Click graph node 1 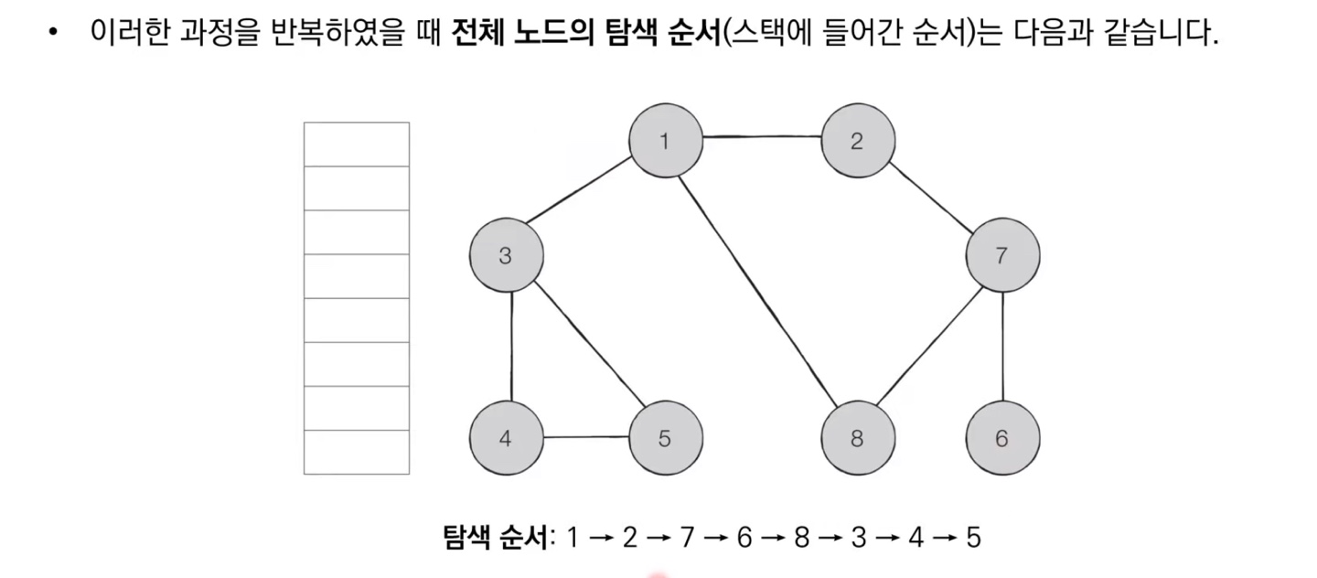(665, 141)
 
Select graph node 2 (857, 141)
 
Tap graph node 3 (506, 256)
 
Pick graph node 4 (506, 438)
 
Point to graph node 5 (665, 438)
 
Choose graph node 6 (1002, 438)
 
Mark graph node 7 (1002, 256)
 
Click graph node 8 (857, 438)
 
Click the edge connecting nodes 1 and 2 (761, 138)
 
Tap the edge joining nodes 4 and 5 (585, 437)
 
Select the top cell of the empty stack (357, 144)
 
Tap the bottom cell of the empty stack (357, 453)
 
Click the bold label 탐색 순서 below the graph (496, 537)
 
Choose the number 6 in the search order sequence (744, 538)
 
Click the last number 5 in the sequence (972, 538)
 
